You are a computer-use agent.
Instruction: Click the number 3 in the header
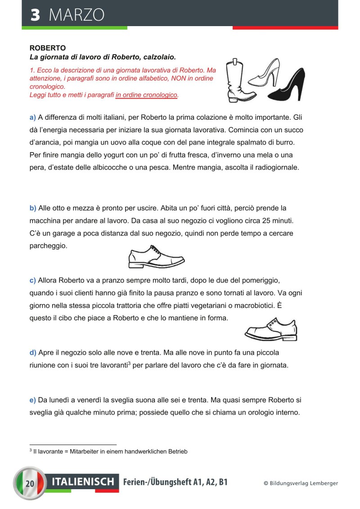35,15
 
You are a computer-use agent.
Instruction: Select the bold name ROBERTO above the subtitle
48,48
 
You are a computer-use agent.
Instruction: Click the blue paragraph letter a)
32,117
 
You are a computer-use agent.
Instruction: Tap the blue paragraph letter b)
32,208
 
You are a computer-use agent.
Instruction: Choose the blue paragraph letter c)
32,280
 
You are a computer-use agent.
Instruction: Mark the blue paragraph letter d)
32,352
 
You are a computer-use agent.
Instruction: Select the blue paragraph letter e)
32,400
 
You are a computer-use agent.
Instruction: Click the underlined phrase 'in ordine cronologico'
147,95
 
